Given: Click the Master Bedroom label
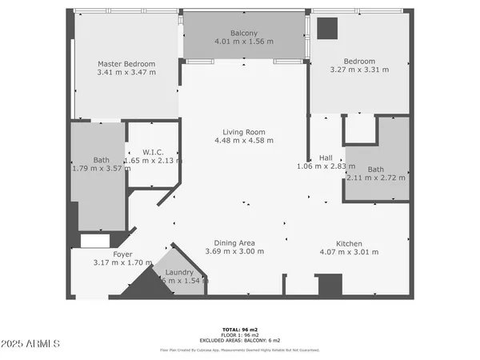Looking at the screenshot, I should tap(126, 64).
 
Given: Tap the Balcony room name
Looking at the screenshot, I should tap(244, 33).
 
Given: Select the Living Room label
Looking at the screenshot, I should tap(244, 132).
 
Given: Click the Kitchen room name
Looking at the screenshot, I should tap(349, 243).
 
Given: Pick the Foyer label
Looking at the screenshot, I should tap(122, 254).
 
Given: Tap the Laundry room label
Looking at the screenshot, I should tap(179, 272).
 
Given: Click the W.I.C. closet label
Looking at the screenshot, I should tap(154, 152).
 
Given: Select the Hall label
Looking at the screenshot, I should tap(326, 158).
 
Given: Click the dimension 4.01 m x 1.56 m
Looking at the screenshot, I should tap(244, 42).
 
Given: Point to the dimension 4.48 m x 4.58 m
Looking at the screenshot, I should tap(244, 141).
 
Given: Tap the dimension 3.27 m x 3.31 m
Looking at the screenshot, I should tap(359, 70).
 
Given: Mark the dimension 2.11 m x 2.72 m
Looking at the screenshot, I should tap(376, 178).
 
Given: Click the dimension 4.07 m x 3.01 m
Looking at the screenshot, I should tap(349, 252).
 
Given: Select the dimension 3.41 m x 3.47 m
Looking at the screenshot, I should tap(126, 73).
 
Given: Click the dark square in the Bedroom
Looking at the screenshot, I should tap(327, 28).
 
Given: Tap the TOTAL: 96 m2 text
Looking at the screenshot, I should tap(240, 329).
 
